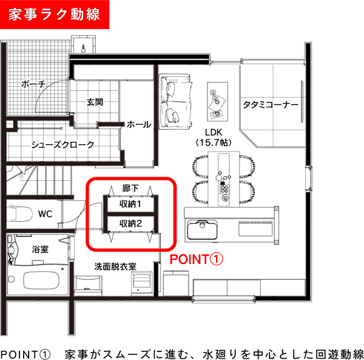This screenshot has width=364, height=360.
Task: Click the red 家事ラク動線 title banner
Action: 55,15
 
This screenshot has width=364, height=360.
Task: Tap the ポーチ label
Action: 33,84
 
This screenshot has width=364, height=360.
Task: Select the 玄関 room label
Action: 95,102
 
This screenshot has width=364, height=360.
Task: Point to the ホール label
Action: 139,124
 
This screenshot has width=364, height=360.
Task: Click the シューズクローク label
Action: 62,144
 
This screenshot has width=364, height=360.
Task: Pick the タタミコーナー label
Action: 271,105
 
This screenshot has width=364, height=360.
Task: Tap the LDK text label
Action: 214,132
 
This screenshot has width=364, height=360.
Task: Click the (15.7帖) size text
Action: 214,143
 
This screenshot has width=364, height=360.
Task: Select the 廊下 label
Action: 130,188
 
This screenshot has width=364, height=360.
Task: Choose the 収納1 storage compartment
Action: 130,204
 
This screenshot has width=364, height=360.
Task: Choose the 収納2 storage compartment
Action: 130,223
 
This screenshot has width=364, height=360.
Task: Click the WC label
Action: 45,214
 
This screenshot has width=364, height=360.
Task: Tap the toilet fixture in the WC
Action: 19,214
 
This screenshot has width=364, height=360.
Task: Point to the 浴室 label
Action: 40,249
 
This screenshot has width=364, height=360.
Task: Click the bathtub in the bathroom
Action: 41,280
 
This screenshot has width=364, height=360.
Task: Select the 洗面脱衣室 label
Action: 115,267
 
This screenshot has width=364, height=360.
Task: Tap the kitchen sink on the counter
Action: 202,229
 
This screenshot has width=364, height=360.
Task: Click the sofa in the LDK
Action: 175,101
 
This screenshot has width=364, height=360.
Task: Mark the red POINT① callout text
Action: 197,259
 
